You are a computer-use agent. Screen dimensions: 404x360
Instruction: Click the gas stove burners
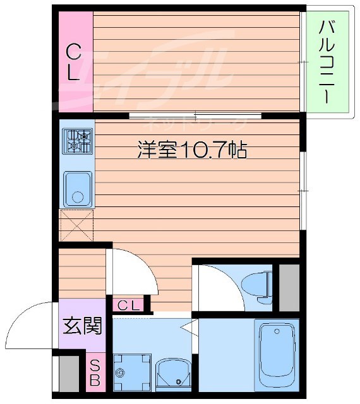pos(78,141)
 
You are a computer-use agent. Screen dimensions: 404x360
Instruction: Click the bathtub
pos(277,357)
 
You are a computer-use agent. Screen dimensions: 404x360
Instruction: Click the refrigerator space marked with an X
pos(76,225)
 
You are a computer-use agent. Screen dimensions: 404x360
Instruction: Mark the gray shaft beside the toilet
pos(289,287)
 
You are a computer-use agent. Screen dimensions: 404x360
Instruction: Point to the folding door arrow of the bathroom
pos(187,328)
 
